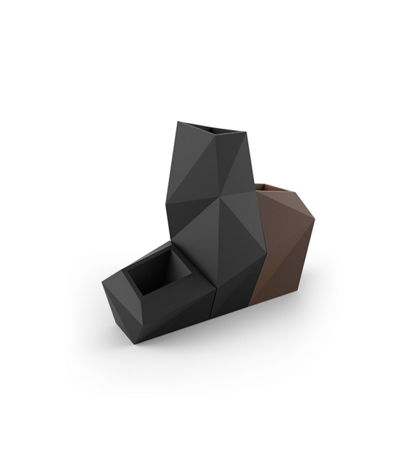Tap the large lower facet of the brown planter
277,266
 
